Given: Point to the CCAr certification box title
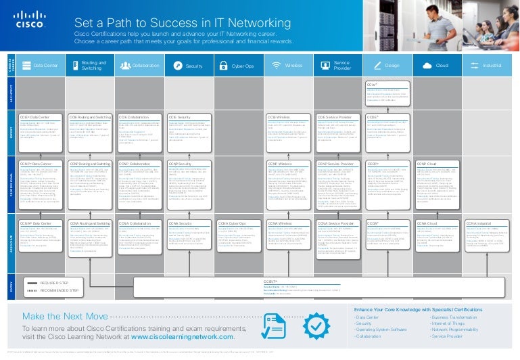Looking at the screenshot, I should coord(371,84).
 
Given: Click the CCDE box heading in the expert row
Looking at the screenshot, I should coord(372,117).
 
